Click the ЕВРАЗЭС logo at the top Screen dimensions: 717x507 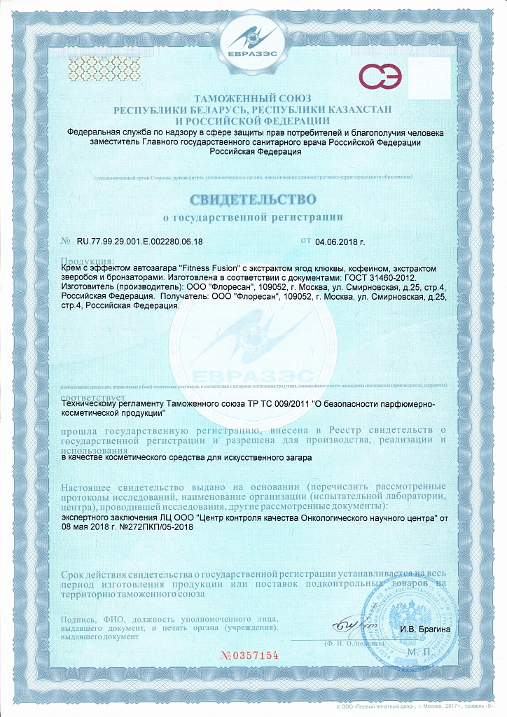[253, 43]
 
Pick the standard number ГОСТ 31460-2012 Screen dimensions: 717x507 [378, 278]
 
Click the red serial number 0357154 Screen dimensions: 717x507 [250, 655]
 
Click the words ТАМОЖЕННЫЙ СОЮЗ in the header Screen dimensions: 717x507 [253, 99]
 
